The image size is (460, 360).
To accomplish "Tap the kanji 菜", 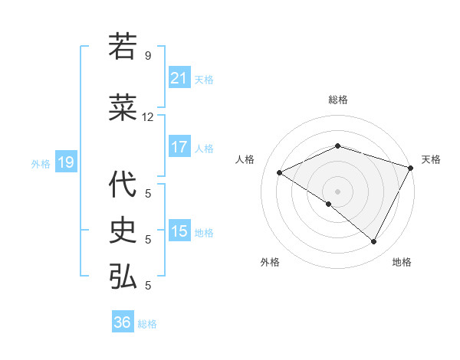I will pos(123,108).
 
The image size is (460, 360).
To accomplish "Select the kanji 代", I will pos(123,184).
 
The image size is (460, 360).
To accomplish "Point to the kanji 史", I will pos(123,229).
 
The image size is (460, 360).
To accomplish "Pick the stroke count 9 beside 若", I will pos(148,56).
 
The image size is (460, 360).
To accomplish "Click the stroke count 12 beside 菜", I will pos(148,117).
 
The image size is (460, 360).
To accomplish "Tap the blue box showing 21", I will pos(179,78).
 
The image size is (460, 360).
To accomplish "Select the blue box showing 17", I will pos(179,147).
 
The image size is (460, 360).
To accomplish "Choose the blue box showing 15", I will pos(179,231).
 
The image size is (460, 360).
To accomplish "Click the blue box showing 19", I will pos(65,162).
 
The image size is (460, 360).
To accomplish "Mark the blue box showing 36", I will pos(123,322).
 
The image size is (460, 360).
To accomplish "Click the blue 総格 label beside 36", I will pos(147,324).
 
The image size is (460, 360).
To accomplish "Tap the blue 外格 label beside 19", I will pos(41,163).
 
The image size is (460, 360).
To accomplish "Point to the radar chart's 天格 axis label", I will pos(431,159).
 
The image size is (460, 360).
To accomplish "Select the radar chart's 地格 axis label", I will pos(402,262).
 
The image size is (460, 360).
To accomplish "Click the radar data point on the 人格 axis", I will pos(280,173).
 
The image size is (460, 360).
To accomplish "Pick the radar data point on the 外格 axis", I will pos(329,204).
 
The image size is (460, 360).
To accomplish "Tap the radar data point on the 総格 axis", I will pos(337,146).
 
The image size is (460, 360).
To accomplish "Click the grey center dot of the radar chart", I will pos(337,191).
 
